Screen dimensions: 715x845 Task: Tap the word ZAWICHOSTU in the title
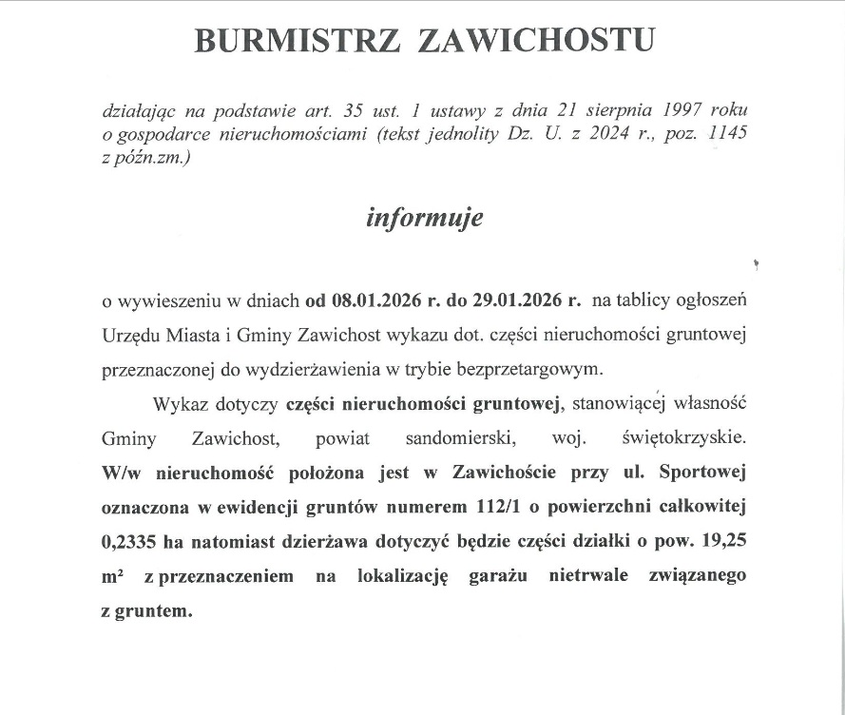537,41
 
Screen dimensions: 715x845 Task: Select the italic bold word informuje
425,218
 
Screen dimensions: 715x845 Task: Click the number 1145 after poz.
726,134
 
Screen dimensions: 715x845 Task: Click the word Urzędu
129,336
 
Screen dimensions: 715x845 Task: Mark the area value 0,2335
129,542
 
